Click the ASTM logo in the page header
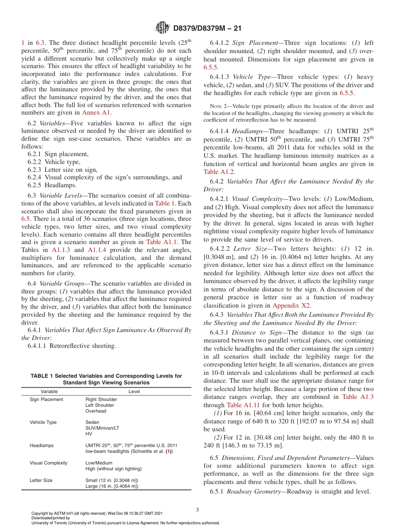[162, 28]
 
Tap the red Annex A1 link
[96, 112]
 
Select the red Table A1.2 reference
[219, 172]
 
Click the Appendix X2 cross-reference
[291, 306]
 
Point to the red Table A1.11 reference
[240, 405]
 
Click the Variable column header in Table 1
[49, 391]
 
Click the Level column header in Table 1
[134, 391]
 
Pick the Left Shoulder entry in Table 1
[100, 405]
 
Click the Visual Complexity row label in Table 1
[48, 463]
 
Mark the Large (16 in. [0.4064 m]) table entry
[112, 486]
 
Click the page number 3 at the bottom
[197, 510]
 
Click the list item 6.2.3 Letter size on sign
[62, 169]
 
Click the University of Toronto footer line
[125, 523]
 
